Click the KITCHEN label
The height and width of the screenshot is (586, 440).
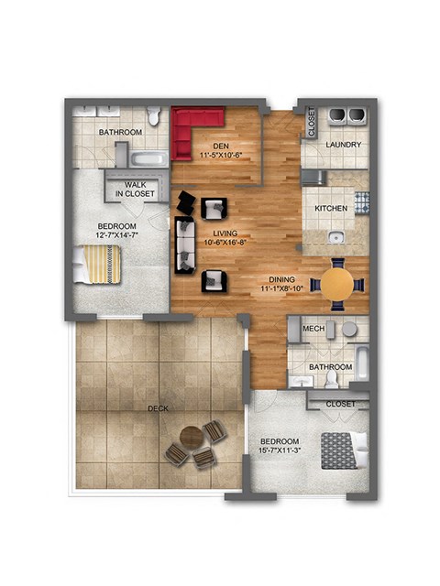(x=331, y=208)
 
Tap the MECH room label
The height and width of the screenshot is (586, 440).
(x=313, y=329)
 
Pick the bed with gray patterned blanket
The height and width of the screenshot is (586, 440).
(x=343, y=450)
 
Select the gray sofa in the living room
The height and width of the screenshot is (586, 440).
(x=186, y=245)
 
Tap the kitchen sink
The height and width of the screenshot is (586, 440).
(x=336, y=238)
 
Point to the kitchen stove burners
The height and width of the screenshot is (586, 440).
(x=361, y=201)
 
